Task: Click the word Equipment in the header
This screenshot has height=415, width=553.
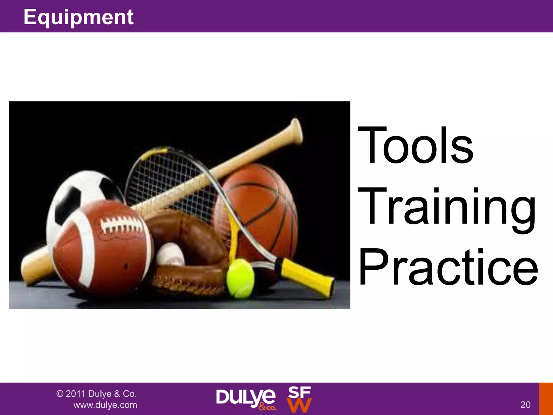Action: [x=78, y=17]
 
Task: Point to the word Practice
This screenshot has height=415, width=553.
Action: [x=448, y=267]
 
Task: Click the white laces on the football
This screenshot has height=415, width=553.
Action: [x=122, y=224]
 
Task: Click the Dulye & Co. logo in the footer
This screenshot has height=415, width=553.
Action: [x=246, y=399]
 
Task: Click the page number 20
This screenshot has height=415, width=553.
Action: [x=525, y=404]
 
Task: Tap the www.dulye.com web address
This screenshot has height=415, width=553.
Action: [x=105, y=405]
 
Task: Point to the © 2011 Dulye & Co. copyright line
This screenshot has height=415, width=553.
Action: [x=96, y=394]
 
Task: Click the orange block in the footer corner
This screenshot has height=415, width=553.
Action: [x=546, y=399]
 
